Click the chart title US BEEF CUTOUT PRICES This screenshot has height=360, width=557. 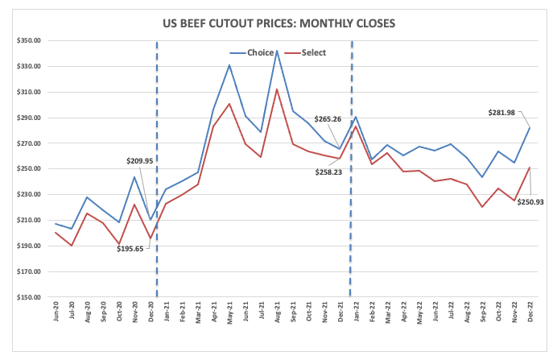[278, 23]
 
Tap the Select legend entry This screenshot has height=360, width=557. [313, 53]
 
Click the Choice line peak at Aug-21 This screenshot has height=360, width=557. [277, 51]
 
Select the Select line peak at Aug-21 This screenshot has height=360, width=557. [277, 89]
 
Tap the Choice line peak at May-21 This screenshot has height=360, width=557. [229, 65]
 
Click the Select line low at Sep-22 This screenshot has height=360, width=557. [481, 207]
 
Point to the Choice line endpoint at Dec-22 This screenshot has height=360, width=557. [529, 128]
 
